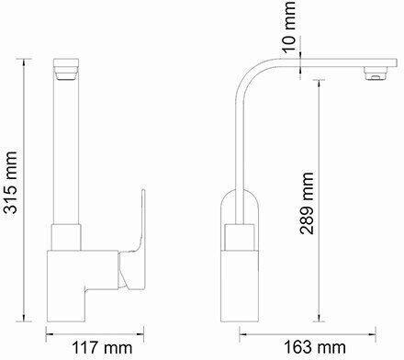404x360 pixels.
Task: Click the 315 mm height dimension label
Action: (x=10, y=182)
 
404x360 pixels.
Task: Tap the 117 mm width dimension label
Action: (x=102, y=348)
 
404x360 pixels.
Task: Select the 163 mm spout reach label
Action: (x=315, y=347)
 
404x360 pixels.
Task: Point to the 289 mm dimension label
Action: (x=307, y=204)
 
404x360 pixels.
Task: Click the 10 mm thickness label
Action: (x=288, y=27)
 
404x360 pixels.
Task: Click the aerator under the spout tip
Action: (x=376, y=73)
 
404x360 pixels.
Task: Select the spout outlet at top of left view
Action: (x=67, y=69)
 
